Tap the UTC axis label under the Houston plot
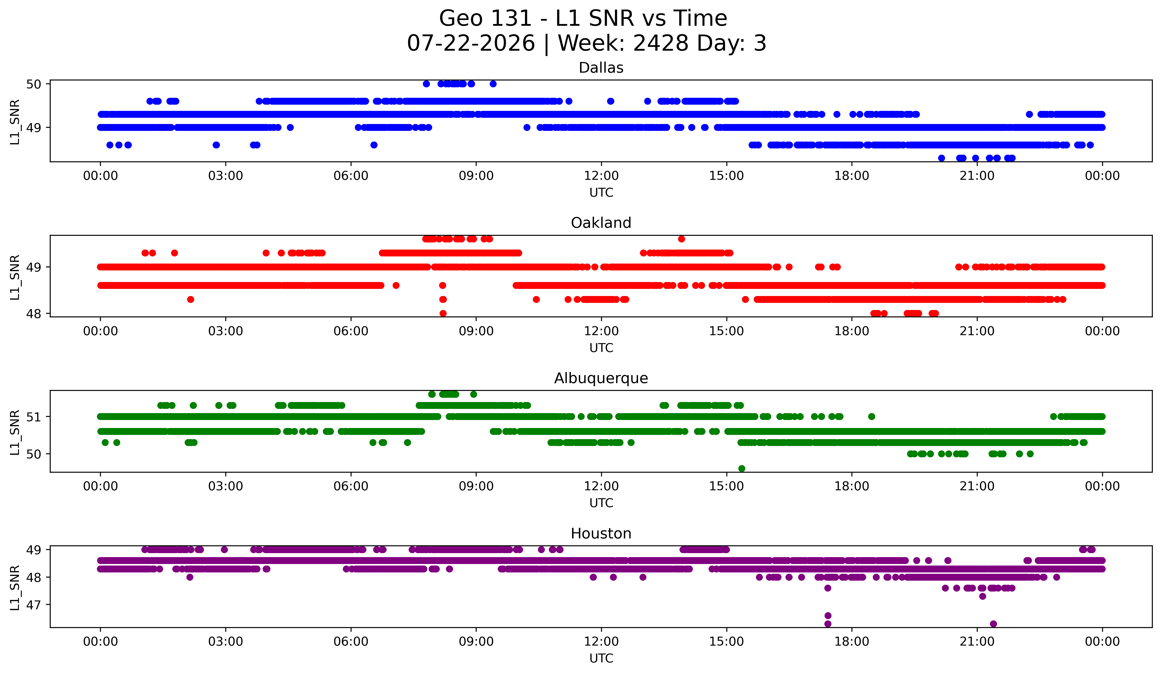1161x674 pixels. pos(601,658)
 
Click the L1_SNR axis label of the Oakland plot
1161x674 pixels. pos(15,277)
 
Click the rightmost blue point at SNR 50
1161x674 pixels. pos(493,84)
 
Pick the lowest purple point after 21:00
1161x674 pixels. pos(993,624)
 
